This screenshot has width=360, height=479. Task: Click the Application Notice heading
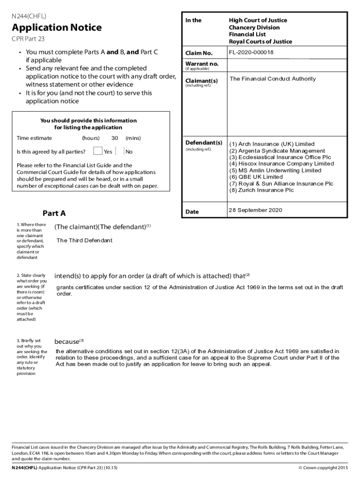(57, 28)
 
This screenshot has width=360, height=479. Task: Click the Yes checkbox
(98, 151)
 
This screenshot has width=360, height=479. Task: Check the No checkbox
(124, 151)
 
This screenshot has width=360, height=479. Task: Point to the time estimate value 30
(115, 138)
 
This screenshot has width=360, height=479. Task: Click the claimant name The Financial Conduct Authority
(273, 79)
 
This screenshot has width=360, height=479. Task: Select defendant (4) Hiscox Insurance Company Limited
(281, 164)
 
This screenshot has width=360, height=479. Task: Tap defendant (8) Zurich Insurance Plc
(261, 190)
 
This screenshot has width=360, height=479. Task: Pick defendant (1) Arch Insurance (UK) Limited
(272, 144)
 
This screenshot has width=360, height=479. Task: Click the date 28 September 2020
(255, 210)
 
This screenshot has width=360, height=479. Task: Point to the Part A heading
(54, 213)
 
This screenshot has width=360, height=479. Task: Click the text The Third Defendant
(84, 240)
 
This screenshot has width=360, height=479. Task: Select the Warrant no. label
(202, 64)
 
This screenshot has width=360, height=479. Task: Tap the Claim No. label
(199, 53)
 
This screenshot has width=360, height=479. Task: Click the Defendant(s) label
(203, 142)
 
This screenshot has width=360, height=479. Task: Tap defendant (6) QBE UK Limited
(256, 177)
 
